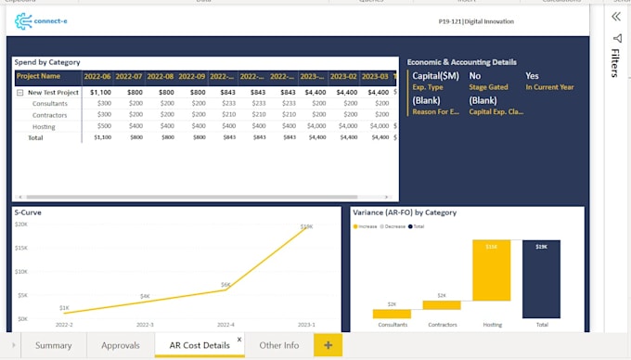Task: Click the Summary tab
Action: pos(53,345)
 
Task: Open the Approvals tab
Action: pos(121,345)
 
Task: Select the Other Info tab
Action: pos(278,345)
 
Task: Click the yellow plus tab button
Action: pos(328,345)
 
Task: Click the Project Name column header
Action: pos(39,76)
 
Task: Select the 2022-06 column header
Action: pos(97,76)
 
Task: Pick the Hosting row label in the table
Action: pos(44,126)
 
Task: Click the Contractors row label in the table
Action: pos(49,115)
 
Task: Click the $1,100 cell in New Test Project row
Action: pos(100,93)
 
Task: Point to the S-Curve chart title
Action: pos(29,212)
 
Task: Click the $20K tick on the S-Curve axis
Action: pos(21,225)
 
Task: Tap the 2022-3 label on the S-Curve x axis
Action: pos(145,326)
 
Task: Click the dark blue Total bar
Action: pos(541,278)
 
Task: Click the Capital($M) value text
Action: pos(435,76)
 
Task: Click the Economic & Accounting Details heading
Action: pos(462,62)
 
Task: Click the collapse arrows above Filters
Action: pos(615,17)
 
